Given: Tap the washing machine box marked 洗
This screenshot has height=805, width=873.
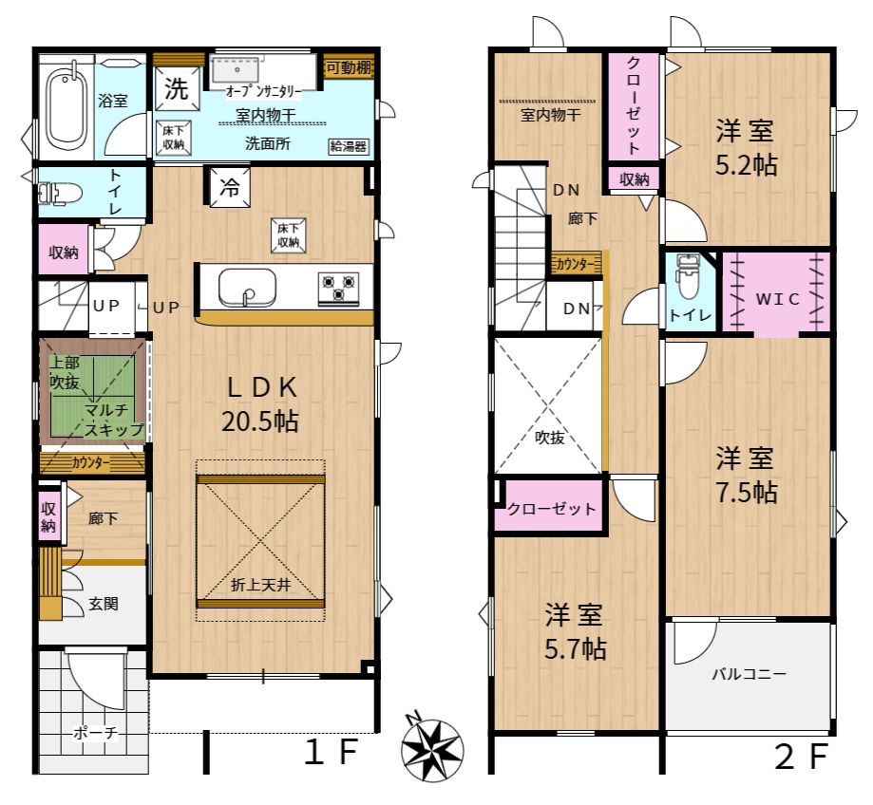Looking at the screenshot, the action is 177,88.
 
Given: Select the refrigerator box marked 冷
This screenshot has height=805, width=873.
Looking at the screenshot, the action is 229,187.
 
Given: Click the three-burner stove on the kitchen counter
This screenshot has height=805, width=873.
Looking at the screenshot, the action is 338,288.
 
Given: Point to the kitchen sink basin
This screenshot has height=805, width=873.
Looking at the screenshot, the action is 247,287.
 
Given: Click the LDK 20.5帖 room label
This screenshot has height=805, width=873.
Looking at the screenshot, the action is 260,403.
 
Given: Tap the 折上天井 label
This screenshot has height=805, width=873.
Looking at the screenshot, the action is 260,586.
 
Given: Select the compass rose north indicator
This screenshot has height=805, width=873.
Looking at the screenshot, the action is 432,745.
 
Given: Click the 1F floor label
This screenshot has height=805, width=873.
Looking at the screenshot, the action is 331,753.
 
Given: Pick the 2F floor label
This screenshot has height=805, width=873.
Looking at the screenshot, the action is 803,757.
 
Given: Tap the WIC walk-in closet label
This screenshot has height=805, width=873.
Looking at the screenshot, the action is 777,299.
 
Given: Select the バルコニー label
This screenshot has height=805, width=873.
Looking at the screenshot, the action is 749,674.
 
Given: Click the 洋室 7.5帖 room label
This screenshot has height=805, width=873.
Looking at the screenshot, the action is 746,475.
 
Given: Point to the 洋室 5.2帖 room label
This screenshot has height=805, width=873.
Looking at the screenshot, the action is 746,148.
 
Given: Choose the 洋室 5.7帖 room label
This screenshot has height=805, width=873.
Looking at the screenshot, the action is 575,631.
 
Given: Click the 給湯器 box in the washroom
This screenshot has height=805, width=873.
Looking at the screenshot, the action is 348,146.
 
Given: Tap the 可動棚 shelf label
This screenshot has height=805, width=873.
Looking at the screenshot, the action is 349,67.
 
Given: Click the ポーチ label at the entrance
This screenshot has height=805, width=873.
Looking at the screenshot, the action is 96,733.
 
